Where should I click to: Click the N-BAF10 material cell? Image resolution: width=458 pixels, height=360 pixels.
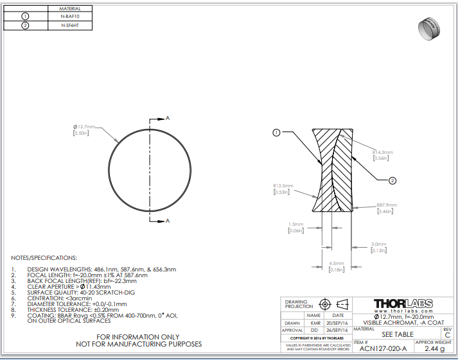click(70, 15)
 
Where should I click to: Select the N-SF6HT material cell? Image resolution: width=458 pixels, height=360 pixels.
click(70, 26)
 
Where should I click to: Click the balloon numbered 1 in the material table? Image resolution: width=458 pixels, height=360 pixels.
click(26, 15)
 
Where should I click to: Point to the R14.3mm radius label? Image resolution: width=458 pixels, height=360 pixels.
click(382, 152)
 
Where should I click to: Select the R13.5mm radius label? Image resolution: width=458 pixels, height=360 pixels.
click(283, 185)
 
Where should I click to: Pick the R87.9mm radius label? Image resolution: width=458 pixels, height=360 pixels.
click(387, 205)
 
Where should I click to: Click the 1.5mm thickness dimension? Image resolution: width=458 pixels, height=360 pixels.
click(296, 225)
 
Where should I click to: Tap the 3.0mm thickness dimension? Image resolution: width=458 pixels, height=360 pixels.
click(379, 244)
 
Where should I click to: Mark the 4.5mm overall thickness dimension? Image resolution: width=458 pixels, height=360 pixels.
click(335, 264)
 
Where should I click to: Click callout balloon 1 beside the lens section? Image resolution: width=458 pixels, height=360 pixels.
click(276, 133)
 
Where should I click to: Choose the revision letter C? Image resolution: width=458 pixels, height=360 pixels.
click(448, 335)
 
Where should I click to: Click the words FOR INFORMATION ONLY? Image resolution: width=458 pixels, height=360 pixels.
click(139, 336)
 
